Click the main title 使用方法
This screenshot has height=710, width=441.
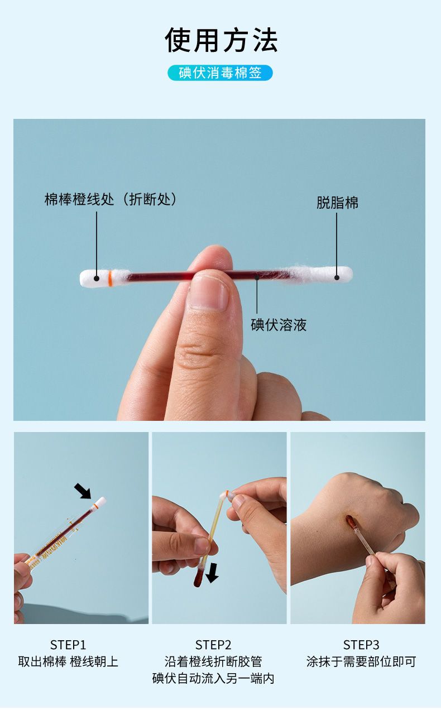point(221,40)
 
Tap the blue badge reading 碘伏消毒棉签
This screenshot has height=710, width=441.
point(220,73)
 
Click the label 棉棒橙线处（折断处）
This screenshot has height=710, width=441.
point(111,199)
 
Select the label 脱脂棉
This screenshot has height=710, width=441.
point(337,203)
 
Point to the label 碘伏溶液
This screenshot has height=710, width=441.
point(279,325)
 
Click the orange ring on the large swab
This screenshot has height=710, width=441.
point(110,278)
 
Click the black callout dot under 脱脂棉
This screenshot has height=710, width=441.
point(337,277)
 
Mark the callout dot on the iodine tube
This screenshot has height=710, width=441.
point(257,277)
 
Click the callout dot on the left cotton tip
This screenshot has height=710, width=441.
point(97,279)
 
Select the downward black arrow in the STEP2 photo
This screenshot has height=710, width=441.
point(212,573)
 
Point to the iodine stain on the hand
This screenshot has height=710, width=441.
point(351,523)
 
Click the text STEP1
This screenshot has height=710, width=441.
point(68,645)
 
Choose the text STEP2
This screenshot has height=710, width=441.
point(213,645)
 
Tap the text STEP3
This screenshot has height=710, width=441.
point(361,645)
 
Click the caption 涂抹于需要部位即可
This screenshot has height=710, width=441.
point(361,661)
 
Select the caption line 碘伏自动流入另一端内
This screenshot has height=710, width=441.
point(213,678)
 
